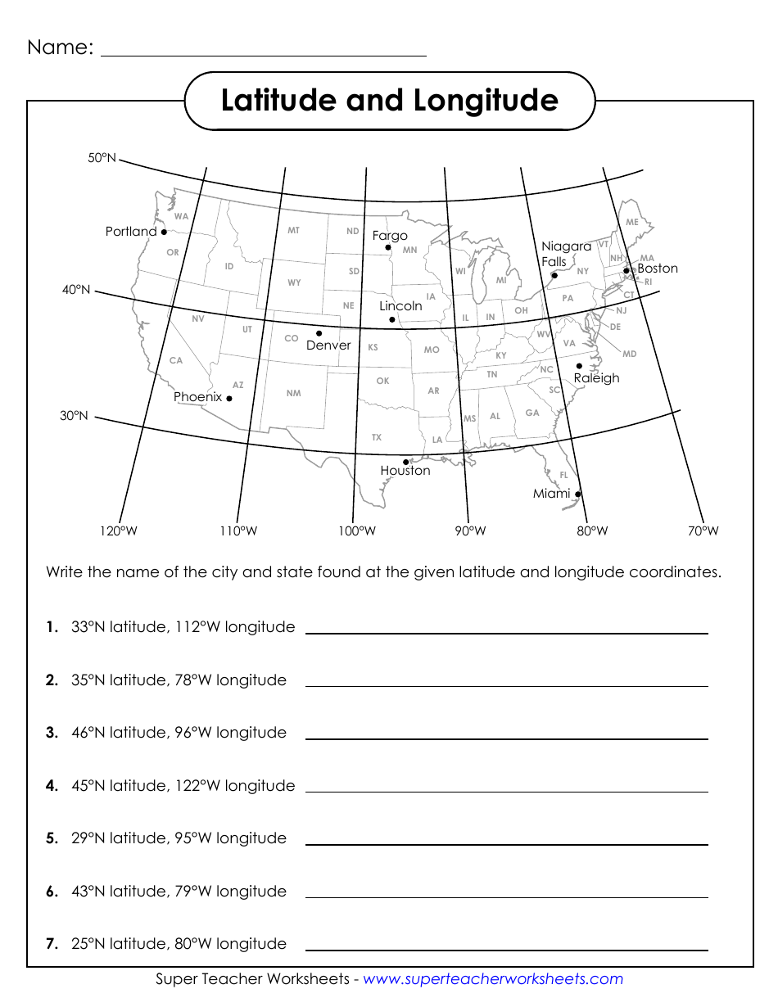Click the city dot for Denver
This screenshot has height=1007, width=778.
319,333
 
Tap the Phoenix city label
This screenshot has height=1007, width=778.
197,397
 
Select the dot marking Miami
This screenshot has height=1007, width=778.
578,494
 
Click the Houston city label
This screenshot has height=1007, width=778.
405,471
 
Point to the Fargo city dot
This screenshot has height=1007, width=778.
388,247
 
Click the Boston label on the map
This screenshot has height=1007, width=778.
658,269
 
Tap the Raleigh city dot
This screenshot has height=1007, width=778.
579,366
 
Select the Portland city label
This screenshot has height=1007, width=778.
131,232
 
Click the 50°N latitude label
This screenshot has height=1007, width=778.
102,158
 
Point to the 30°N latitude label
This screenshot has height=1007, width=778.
74,416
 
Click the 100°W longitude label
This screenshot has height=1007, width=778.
357,531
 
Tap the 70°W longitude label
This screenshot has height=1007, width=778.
703,531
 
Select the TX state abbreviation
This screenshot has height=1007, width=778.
377,437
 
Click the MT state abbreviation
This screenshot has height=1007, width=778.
293,231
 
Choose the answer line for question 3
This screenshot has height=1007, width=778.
506,738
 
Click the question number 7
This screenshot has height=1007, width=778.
52,944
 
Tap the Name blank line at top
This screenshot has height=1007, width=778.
263,54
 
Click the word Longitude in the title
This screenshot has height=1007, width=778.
486,101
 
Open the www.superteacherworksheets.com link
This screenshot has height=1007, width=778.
493,979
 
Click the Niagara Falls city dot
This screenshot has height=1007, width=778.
554,275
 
